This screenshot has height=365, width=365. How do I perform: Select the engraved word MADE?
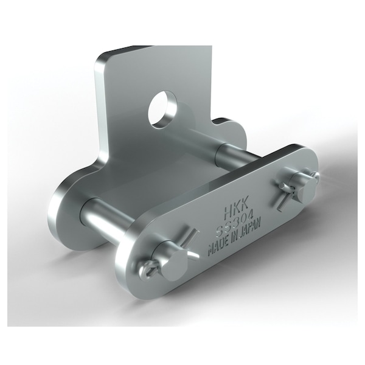(x=218, y=246)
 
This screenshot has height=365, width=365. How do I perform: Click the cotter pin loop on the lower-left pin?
(x=148, y=271)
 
